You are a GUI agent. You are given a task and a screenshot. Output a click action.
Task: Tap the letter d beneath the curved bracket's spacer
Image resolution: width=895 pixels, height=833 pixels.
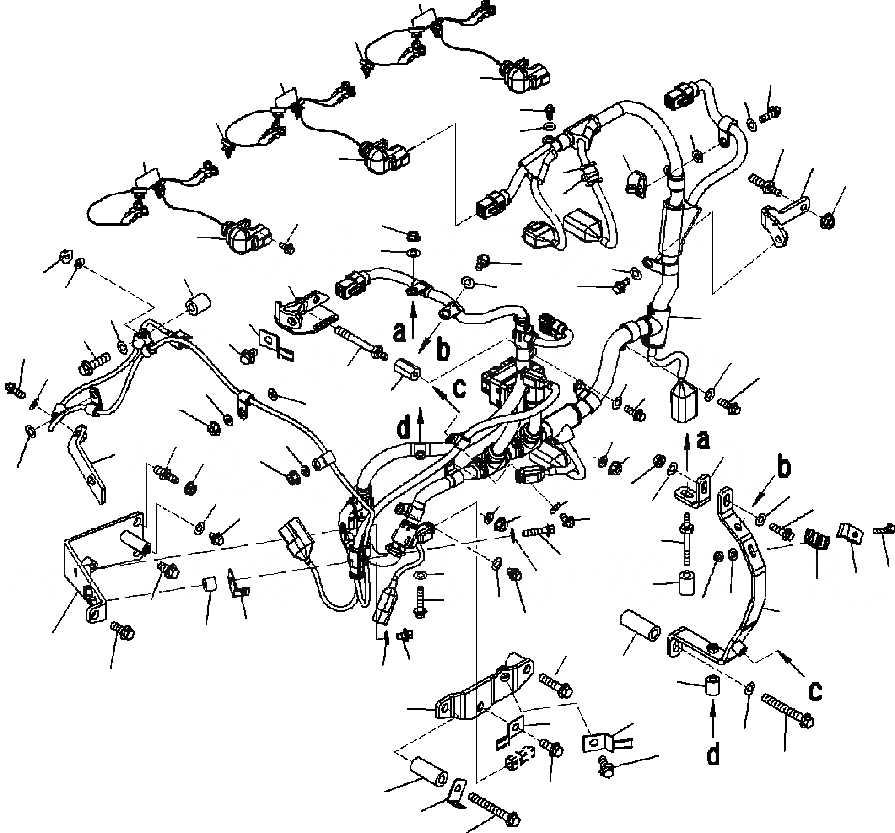tap(712, 753)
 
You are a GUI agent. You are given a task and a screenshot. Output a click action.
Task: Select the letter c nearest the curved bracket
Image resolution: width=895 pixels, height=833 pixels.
tap(814, 690)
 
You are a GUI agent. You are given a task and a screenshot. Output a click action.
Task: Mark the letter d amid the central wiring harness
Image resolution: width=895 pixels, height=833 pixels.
tap(404, 429)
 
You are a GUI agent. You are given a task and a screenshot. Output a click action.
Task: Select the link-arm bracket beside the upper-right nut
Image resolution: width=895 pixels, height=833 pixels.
tap(784, 213)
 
